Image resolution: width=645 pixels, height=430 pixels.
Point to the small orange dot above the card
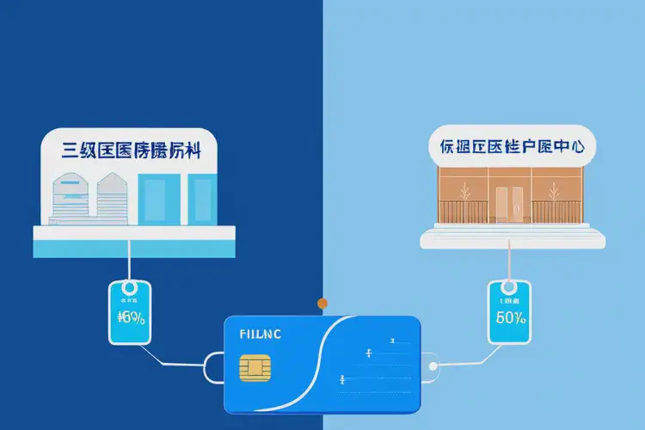tap(322, 303)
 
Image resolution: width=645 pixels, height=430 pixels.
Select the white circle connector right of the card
tap(434, 365)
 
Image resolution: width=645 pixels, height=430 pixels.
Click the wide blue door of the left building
tap(159, 199)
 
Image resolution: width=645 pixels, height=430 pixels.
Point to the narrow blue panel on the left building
tap(201, 199)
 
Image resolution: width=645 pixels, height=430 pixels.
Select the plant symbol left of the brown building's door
tap(465, 192)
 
